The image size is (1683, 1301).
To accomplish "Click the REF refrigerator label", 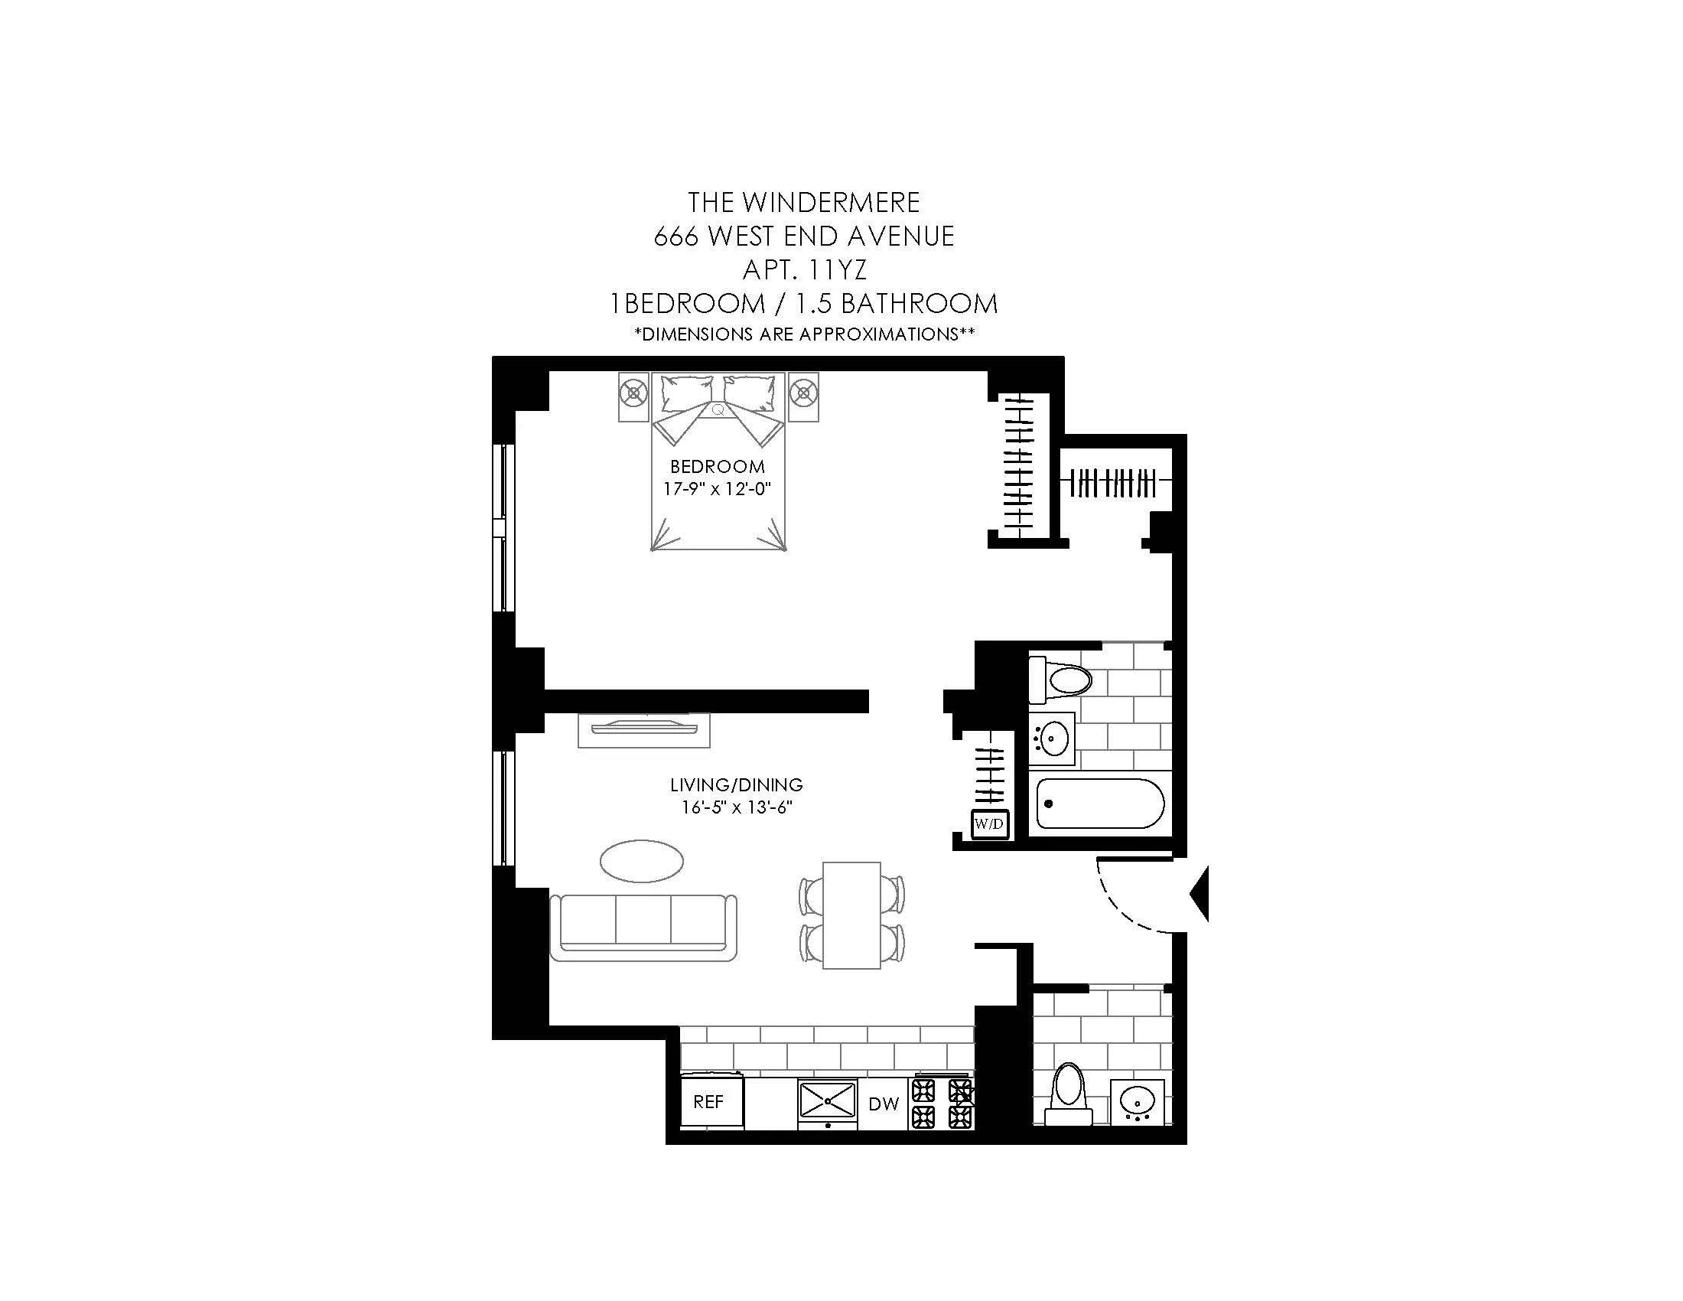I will [x=708, y=1102].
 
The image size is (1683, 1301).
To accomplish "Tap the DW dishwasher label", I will [x=883, y=1104].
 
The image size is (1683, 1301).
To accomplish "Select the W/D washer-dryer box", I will [x=989, y=824].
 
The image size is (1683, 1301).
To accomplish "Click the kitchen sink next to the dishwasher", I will [x=828, y=1100].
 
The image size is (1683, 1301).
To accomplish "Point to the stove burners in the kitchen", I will [x=942, y=1103].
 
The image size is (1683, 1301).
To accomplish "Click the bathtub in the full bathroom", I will [x=1099, y=804].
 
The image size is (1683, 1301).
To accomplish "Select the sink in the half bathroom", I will [x=1138, y=1102].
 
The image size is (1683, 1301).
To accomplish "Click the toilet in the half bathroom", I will [x=1068, y=1094].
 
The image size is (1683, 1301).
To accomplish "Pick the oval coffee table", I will [x=641, y=860].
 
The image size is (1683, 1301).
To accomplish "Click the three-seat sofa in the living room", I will [x=643, y=927].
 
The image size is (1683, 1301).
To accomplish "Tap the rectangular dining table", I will [x=851, y=915].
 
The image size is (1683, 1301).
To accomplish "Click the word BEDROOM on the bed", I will [x=718, y=466].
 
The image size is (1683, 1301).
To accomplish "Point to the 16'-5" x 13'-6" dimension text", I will [x=737, y=807].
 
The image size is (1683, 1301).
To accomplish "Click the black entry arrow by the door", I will [x=1200, y=893].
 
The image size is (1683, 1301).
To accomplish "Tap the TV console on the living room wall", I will [x=643, y=731].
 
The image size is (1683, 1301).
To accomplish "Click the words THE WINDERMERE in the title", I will [x=804, y=203].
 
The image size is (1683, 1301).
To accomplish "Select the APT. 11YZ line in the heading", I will [x=804, y=269].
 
